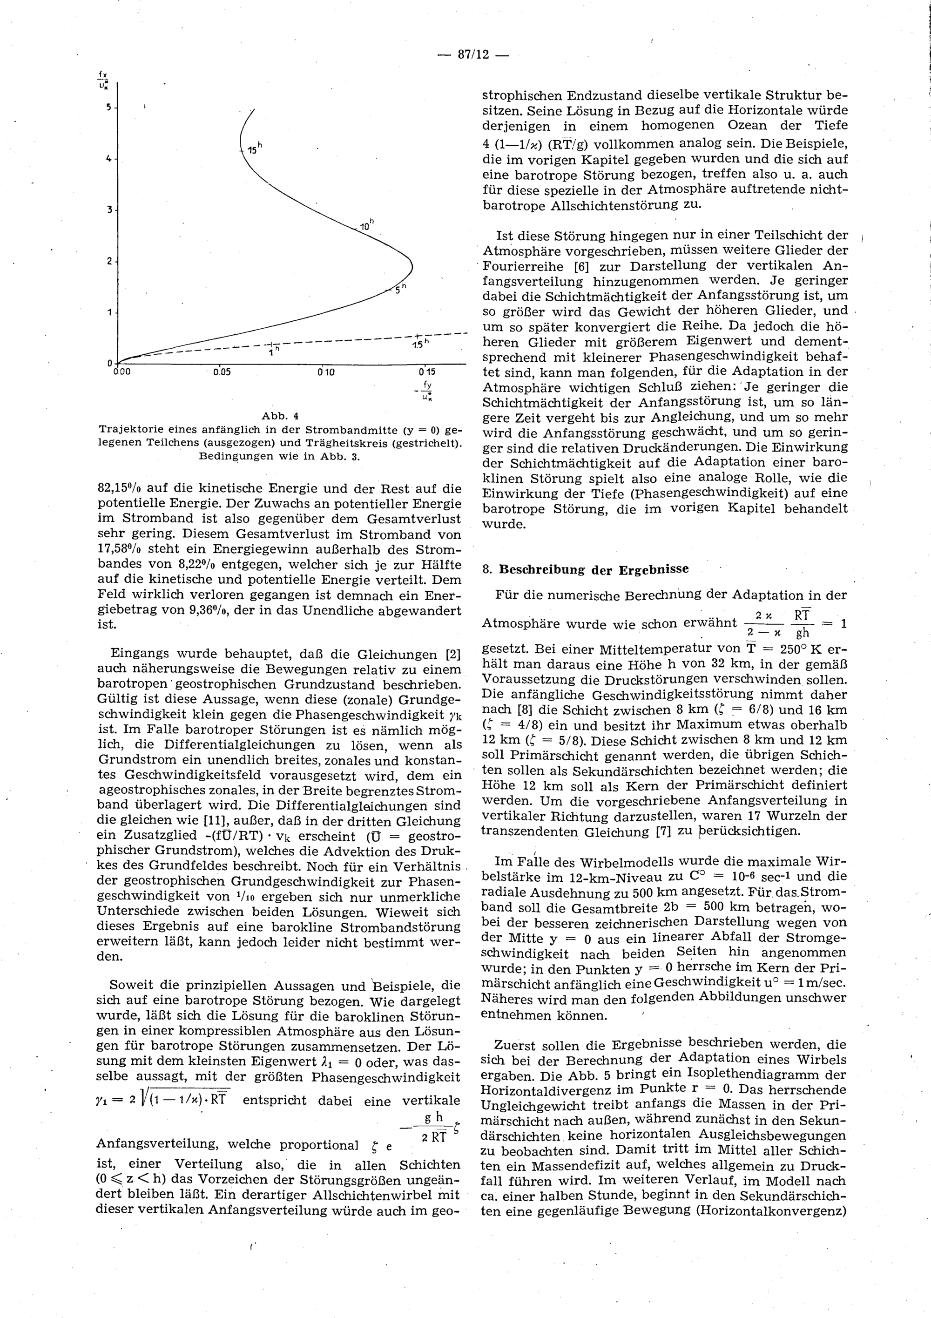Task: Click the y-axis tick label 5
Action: coord(108,108)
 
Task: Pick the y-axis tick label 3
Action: coord(108,210)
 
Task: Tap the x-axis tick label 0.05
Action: coord(222,372)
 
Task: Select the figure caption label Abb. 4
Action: coord(281,416)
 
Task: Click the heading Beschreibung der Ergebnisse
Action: coord(594,569)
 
